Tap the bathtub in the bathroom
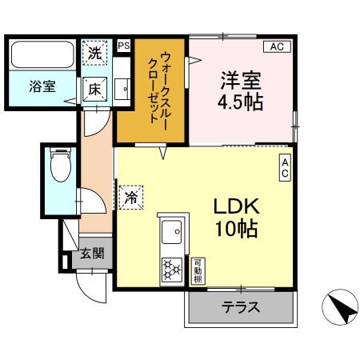click(x=42, y=55)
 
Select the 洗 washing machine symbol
click(x=96, y=55)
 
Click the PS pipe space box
click(x=124, y=46)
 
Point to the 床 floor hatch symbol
click(x=95, y=88)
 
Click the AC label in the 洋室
click(x=276, y=46)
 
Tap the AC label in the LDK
click(x=285, y=167)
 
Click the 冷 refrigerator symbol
click(x=132, y=196)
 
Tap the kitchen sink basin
click(x=171, y=234)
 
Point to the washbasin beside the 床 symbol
click(x=121, y=88)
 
